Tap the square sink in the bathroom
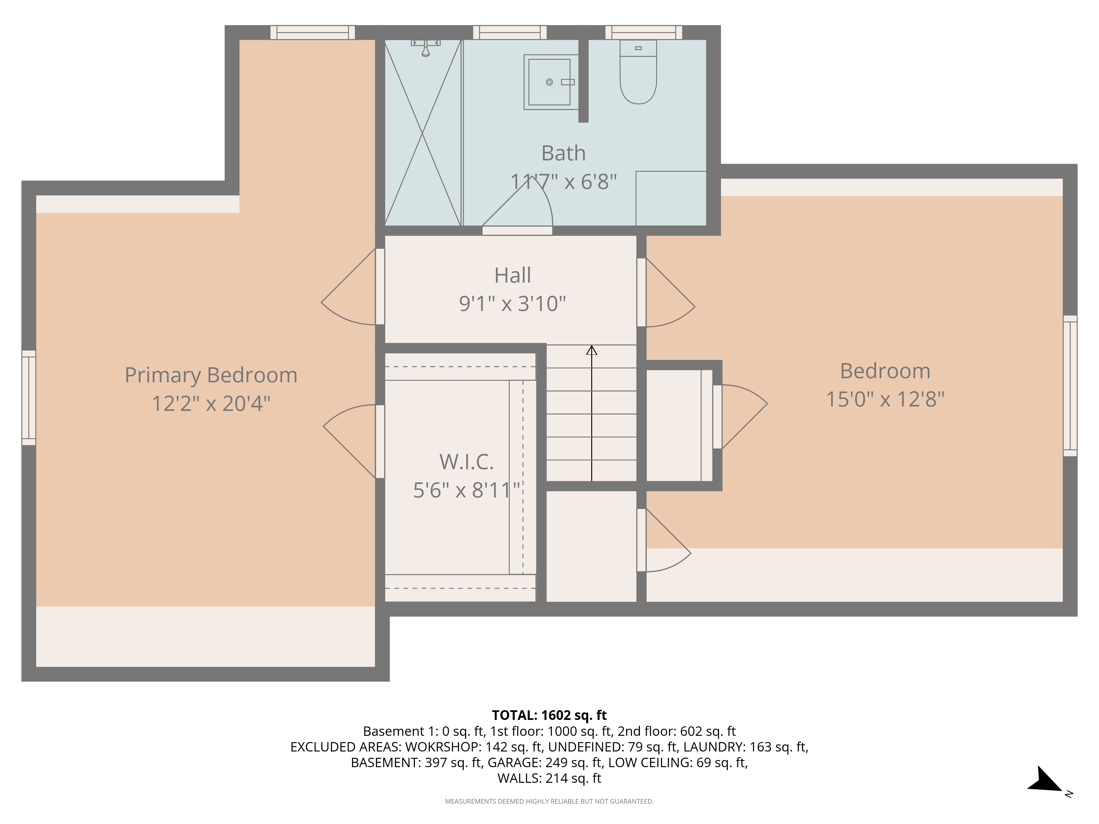click(x=551, y=82)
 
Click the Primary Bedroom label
click(x=211, y=375)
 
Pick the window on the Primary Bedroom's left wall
click(x=29, y=397)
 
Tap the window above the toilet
click(x=643, y=32)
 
